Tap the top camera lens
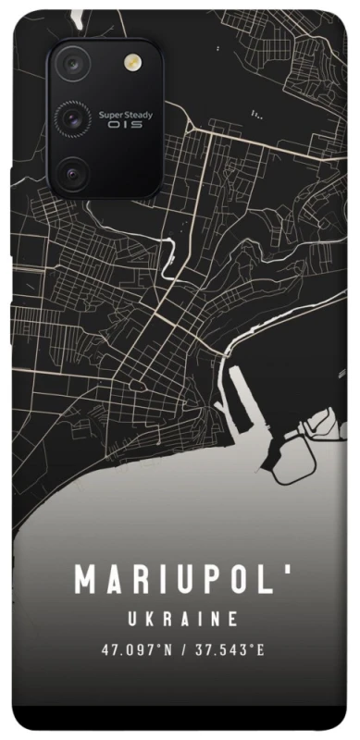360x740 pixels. tap(71, 64)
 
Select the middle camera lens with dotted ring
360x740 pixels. tap(71, 117)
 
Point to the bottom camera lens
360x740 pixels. tap(71, 171)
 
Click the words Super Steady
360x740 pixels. tap(121, 115)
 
